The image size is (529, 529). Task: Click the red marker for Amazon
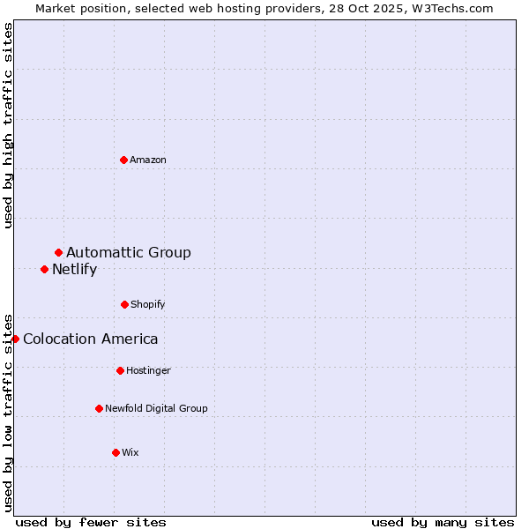click(x=124, y=160)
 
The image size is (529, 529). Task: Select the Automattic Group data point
click(x=59, y=253)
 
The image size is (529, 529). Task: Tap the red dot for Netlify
click(x=45, y=269)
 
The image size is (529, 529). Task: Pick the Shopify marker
click(x=124, y=304)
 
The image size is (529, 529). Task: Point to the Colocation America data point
click(x=15, y=339)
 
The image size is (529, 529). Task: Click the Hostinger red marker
click(x=120, y=370)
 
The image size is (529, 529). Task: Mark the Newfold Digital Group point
click(x=99, y=408)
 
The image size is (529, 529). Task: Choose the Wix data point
click(x=115, y=452)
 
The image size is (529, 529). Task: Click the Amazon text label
click(x=148, y=160)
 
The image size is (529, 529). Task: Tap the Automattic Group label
click(x=129, y=253)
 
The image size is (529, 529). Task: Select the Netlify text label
click(x=74, y=270)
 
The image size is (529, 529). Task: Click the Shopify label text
click(x=148, y=304)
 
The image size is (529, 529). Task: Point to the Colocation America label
click(x=91, y=339)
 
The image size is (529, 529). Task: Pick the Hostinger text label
click(x=148, y=370)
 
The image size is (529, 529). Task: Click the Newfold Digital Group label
click(x=156, y=408)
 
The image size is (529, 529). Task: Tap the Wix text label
click(x=130, y=452)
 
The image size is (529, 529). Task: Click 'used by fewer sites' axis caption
click(x=91, y=522)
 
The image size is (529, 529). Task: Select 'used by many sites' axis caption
click(x=443, y=522)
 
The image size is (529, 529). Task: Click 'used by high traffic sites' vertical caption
click(x=9, y=125)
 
